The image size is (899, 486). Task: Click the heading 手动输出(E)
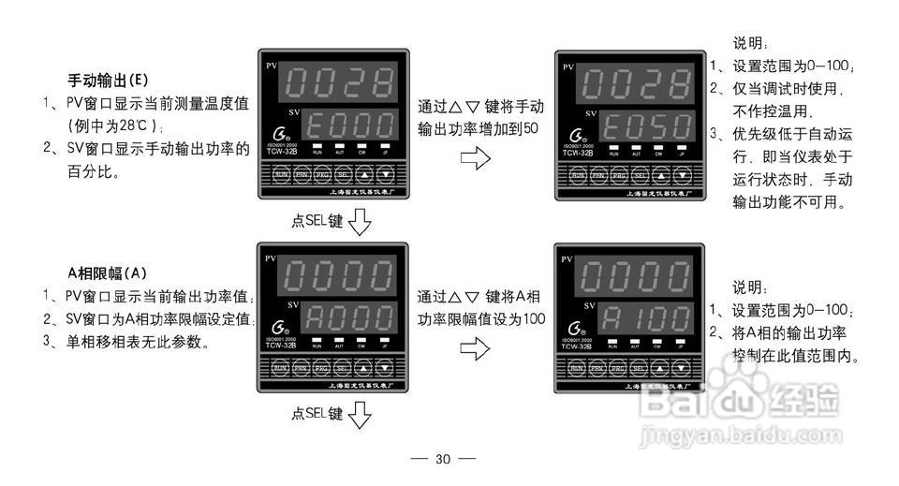(x=108, y=80)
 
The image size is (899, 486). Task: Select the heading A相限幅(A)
(x=108, y=273)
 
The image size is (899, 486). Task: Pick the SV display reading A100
(x=644, y=318)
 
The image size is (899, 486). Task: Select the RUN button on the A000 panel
(x=280, y=368)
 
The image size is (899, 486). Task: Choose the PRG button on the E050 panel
(x=619, y=175)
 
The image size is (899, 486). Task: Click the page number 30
(x=443, y=459)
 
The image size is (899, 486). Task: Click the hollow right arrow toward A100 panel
(x=475, y=349)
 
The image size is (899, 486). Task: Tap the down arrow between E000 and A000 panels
(x=360, y=222)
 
